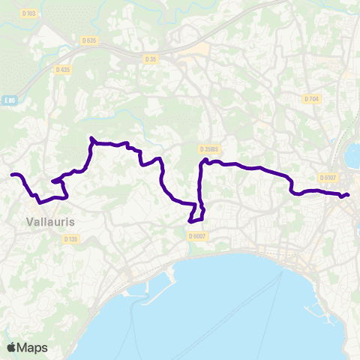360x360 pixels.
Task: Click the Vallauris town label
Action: pyautogui.click(x=49, y=222)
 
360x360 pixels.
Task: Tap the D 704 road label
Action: pyautogui.click(x=311, y=99)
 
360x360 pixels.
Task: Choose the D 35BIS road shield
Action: pyautogui.click(x=208, y=149)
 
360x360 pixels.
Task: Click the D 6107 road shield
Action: pyautogui.click(x=327, y=178)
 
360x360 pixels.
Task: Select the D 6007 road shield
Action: pyautogui.click(x=198, y=236)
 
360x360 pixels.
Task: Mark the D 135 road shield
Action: pyautogui.click(x=70, y=239)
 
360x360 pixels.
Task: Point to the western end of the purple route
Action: pyautogui.click(x=13, y=175)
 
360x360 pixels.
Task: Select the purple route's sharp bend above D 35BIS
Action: pyautogui.click(x=203, y=160)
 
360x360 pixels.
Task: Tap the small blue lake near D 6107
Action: pyautogui.click(x=352, y=158)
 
